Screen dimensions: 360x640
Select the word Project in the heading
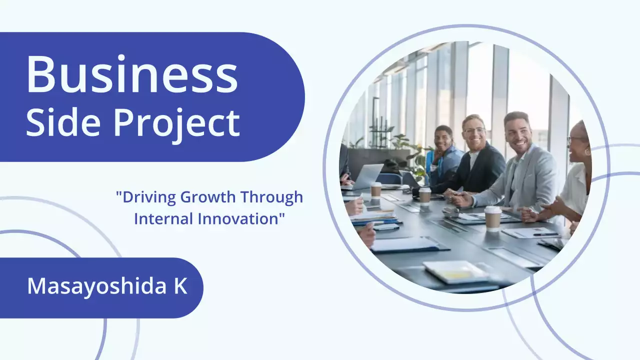point(176,123)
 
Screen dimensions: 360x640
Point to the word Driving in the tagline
point(147,197)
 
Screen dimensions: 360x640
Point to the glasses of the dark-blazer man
point(474,130)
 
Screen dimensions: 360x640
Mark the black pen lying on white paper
point(545,234)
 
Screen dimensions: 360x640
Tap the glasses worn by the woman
point(576,140)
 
